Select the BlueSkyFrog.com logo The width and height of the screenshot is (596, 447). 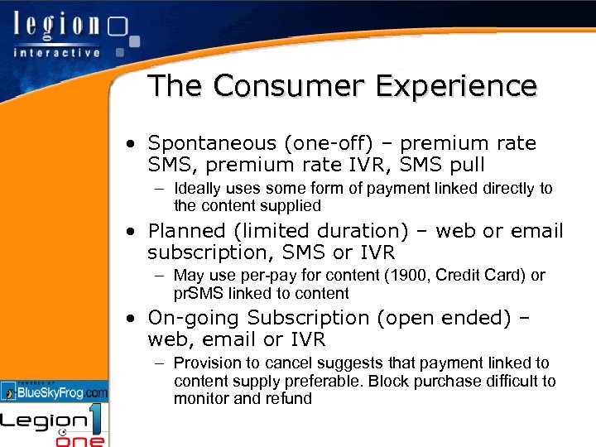pyautogui.click(x=55, y=392)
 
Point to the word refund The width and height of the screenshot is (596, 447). pyautogui.click(x=289, y=398)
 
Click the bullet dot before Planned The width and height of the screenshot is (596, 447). pyautogui.click(x=132, y=231)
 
